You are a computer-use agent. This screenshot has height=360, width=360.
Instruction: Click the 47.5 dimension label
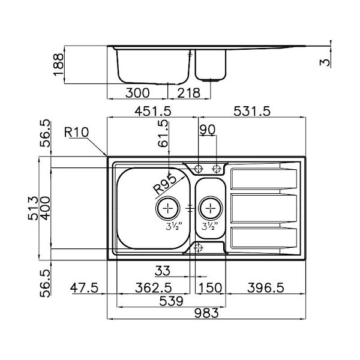pos(83,287)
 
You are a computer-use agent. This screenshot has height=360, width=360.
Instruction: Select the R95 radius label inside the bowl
pos(164,184)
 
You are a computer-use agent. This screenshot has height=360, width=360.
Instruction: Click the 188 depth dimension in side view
pos(58,64)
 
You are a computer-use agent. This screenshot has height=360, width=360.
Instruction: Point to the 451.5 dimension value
pos(152,111)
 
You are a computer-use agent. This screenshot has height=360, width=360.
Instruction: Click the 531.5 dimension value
pos(252,111)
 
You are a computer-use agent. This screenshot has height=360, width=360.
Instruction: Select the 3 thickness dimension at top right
pos(326,62)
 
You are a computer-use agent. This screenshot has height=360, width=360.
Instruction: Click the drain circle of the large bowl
pos(168,208)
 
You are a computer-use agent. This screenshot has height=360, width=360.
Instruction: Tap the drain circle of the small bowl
pos(211,208)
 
